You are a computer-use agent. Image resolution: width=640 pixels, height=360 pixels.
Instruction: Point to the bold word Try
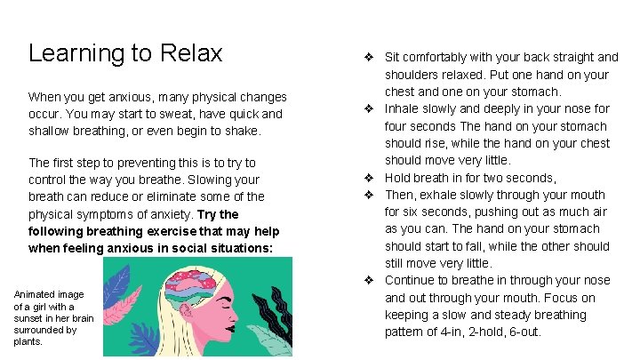pos(206,214)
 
